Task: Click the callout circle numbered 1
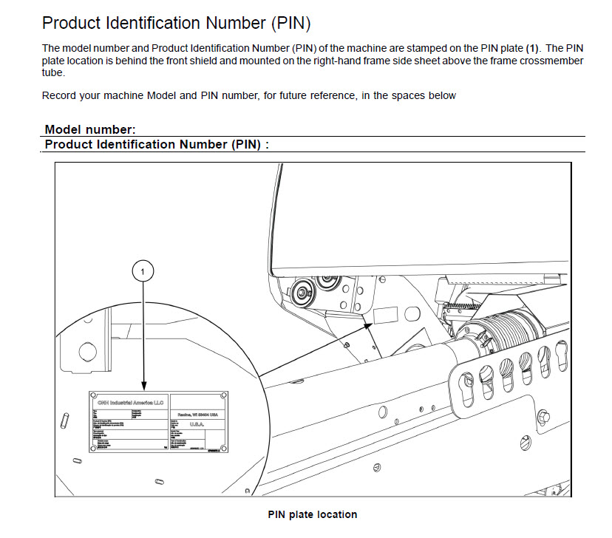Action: (143, 272)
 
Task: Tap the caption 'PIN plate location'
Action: (312, 514)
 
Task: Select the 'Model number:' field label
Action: (90, 129)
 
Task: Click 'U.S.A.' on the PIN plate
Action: (198, 425)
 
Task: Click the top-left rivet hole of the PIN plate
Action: (92, 395)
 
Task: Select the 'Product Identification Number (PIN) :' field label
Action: (157, 144)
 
